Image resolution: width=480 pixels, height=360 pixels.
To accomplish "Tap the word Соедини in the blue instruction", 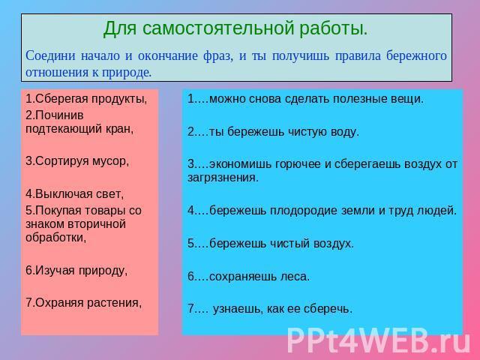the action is pyautogui.click(x=50, y=56).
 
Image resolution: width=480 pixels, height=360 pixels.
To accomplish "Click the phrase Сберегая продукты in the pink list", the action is pyautogui.click(x=90, y=99).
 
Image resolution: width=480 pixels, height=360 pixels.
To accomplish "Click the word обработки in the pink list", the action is pyautogui.click(x=55, y=238).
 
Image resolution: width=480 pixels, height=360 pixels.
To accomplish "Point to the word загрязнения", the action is pyautogui.click(x=223, y=178).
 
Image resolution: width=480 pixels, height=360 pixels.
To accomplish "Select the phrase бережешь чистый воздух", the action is pyautogui.click(x=281, y=244).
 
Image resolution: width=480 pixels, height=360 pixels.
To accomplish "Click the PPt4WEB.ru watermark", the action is pyautogui.click(x=379, y=340).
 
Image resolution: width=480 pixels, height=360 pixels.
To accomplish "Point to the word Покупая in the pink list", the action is pyautogui.click(x=58, y=211).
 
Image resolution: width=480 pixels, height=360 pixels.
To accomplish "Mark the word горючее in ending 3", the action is pyautogui.click(x=298, y=165).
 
